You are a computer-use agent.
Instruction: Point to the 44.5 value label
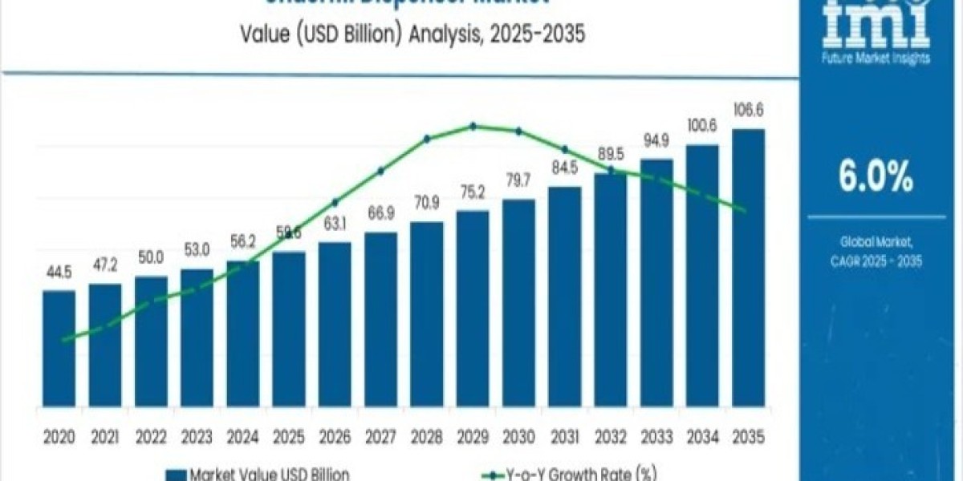coord(59,273)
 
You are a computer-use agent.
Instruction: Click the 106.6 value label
coord(748,111)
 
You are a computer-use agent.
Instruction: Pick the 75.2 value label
coord(473,193)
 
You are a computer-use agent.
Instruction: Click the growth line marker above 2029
coord(473,126)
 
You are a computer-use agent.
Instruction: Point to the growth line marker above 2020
coord(63,340)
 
